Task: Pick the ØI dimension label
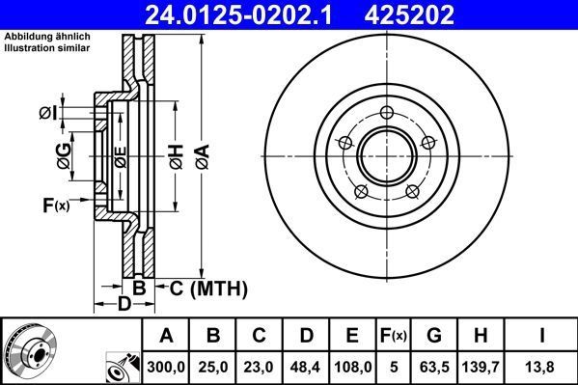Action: [47, 114]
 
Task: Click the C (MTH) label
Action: [208, 288]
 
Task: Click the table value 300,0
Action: [167, 366]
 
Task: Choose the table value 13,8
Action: [542, 366]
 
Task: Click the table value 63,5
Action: [434, 366]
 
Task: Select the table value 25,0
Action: [214, 366]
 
